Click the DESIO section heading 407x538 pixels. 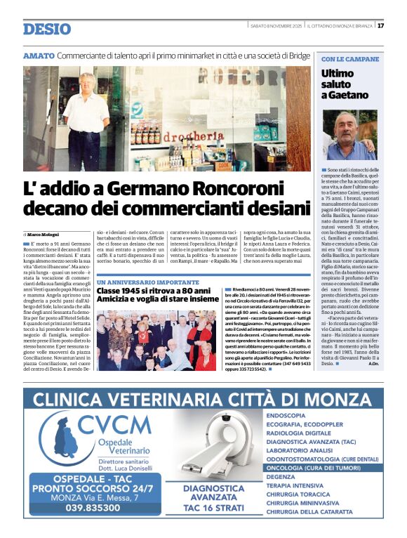46,29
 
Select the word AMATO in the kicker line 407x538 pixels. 38,55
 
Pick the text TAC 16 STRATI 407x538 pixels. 214,508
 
